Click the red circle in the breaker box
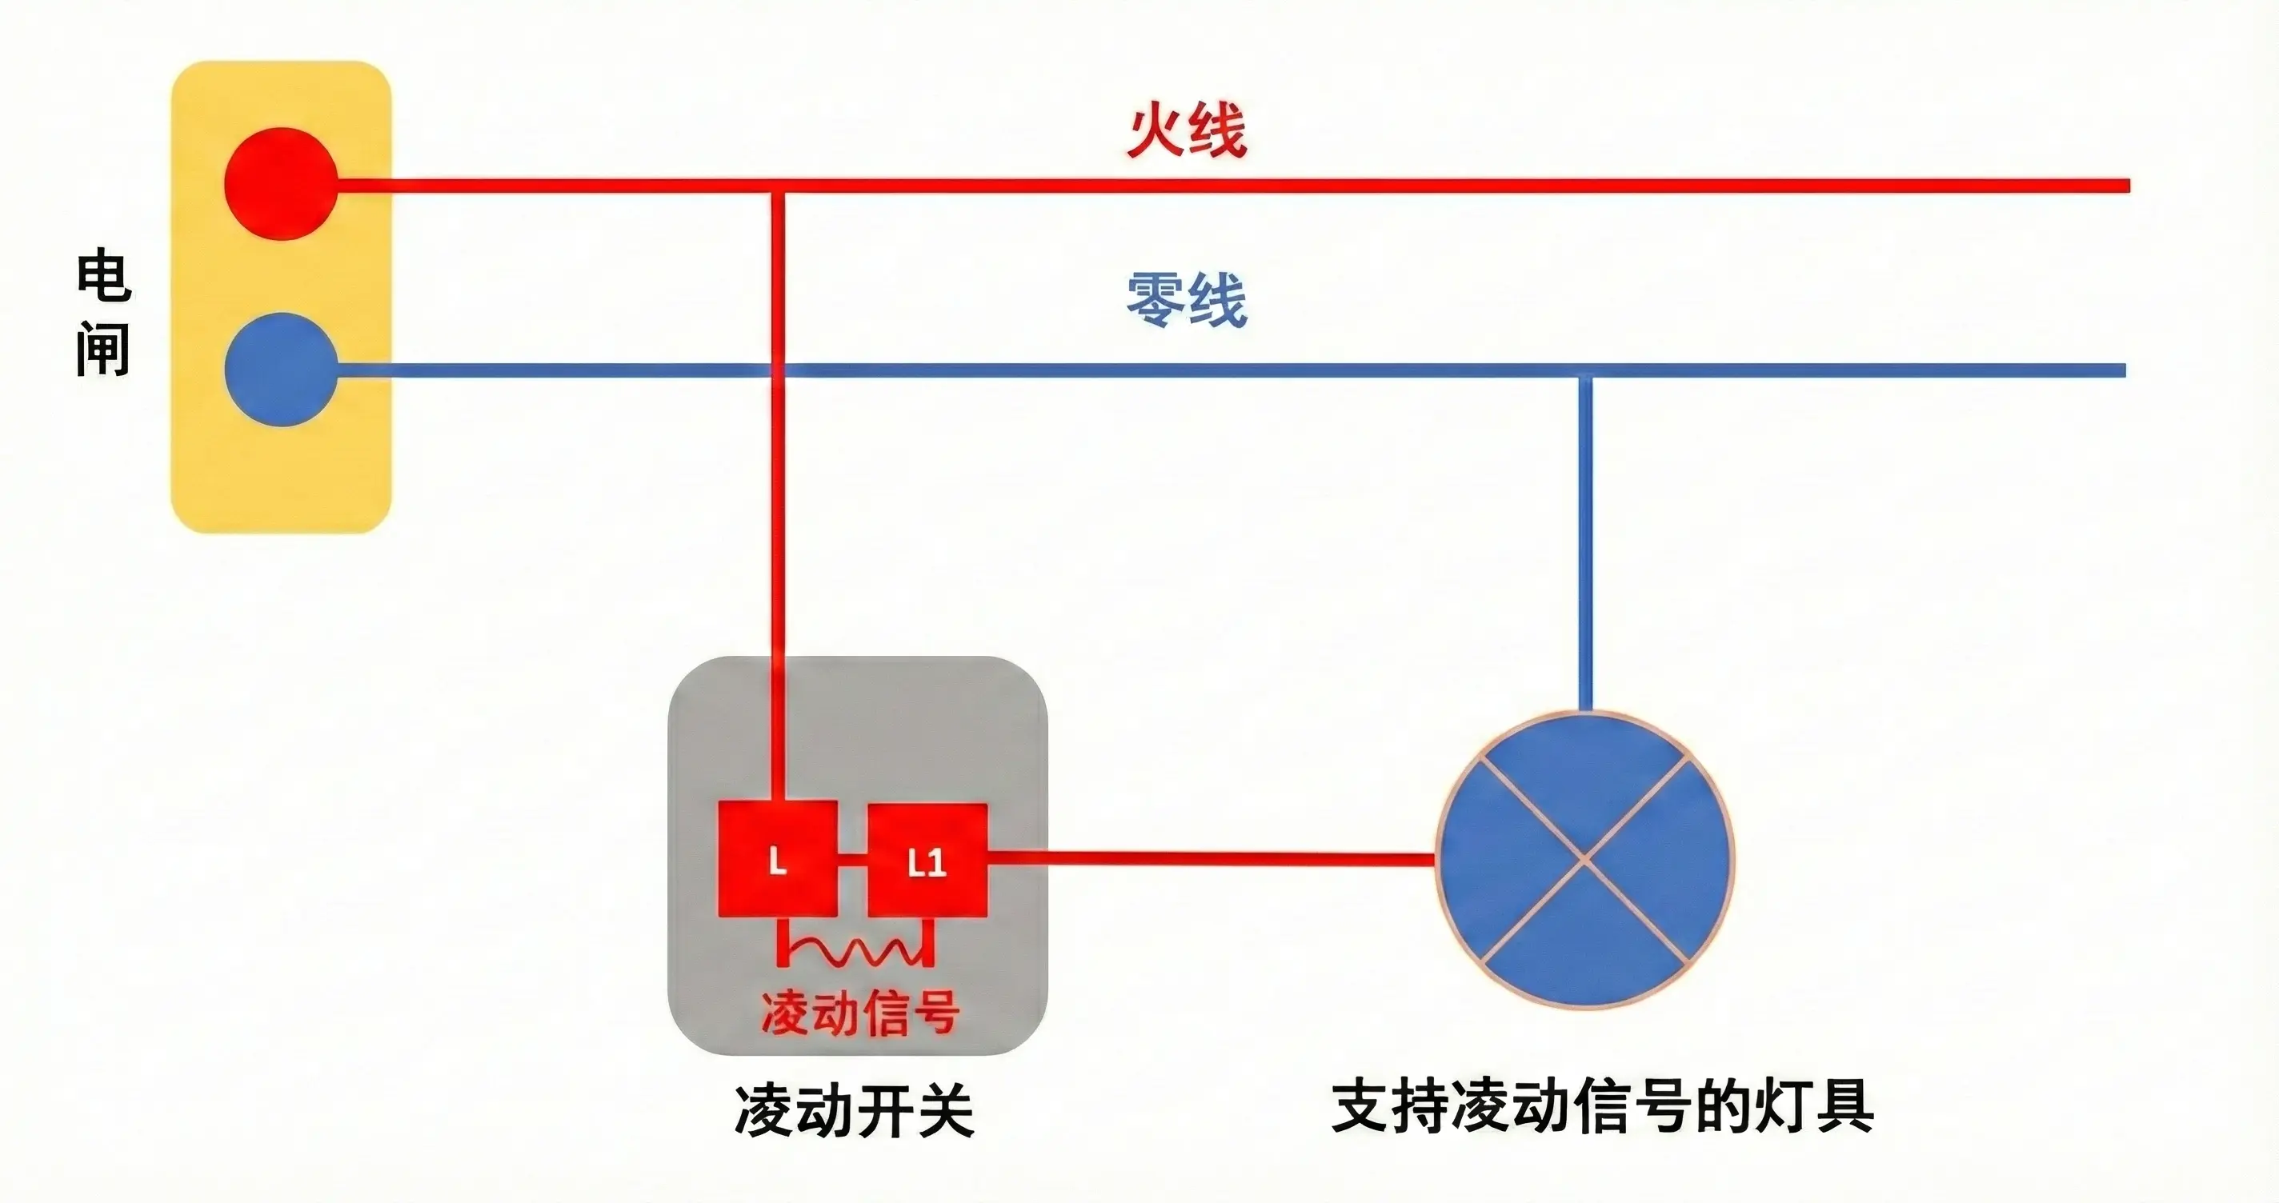click(280, 183)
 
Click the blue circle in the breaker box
click(280, 369)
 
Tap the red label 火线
click(1187, 130)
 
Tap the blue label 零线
click(1187, 300)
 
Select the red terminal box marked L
click(778, 859)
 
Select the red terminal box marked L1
click(927, 860)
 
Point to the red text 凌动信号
click(859, 1013)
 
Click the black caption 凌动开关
click(854, 1110)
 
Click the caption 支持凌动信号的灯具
click(1602, 1105)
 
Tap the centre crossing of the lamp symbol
click(1584, 858)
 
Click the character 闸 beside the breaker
click(103, 349)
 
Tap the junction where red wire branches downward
click(778, 186)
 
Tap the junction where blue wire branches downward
click(1585, 370)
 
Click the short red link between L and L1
click(852, 858)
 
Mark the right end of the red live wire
click(2129, 186)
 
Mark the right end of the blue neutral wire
click(2125, 370)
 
